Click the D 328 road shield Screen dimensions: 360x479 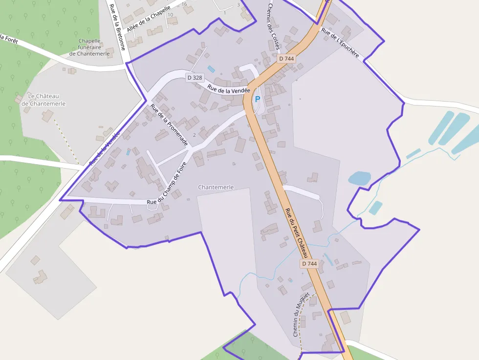click(194, 78)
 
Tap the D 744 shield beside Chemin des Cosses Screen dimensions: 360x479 click(286, 59)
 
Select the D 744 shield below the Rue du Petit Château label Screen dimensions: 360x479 click(309, 264)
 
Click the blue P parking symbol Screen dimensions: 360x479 click(258, 99)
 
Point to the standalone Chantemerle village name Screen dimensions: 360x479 click(216, 187)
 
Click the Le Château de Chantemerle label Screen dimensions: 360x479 click(46, 100)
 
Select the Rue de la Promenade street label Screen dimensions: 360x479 click(169, 126)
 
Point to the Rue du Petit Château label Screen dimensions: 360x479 click(297, 233)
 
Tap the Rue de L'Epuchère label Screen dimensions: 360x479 click(340, 42)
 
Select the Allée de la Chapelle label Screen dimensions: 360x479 click(148, 19)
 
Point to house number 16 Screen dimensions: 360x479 click(184, 4)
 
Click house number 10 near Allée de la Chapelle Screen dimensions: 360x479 click(170, 15)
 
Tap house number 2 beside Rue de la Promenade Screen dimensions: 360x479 click(194, 135)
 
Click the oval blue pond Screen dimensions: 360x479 click(359, 178)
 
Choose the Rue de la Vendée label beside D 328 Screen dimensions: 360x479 click(228, 89)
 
